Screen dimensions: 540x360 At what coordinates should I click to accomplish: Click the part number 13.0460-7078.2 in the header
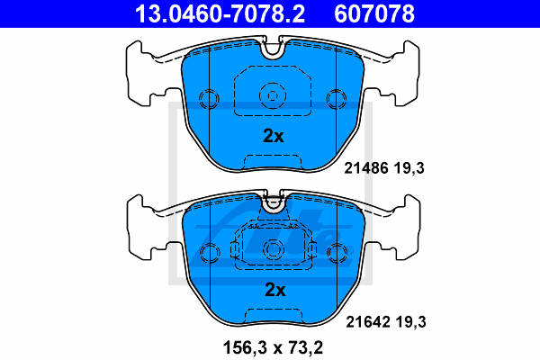click(x=220, y=13)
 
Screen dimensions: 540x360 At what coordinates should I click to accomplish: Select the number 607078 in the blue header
click(x=374, y=13)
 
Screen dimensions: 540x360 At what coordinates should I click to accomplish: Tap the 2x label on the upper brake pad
click(x=274, y=136)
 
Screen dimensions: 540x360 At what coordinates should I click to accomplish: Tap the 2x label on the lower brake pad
click(x=274, y=290)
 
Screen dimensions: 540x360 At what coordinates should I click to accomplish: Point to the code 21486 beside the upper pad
click(x=366, y=168)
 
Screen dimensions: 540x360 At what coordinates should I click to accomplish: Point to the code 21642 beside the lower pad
click(x=368, y=322)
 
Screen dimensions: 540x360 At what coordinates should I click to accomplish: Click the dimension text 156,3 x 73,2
click(x=273, y=347)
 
